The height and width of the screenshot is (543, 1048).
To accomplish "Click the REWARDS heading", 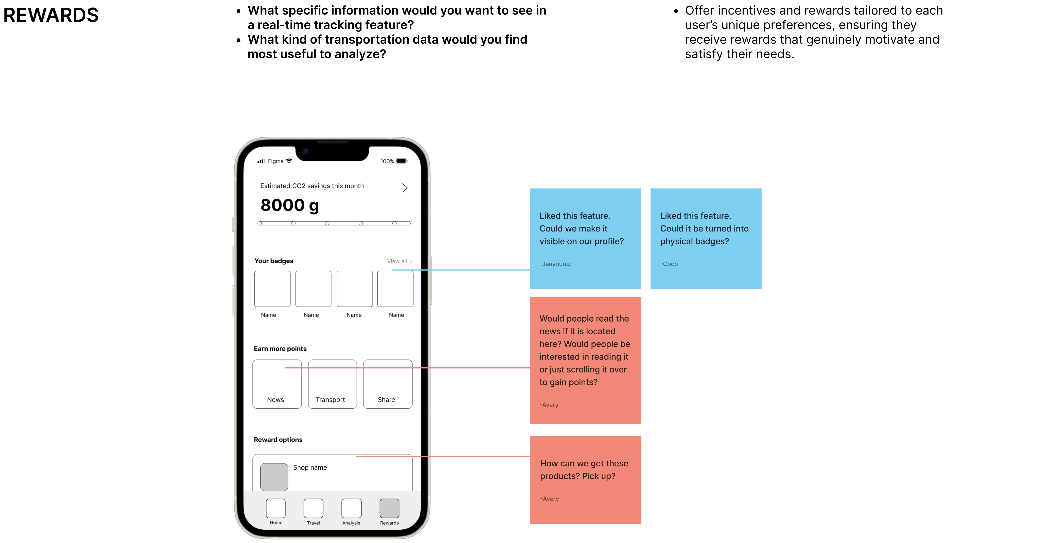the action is pyautogui.click(x=51, y=15).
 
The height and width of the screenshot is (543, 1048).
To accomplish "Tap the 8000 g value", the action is pyautogui.click(x=290, y=205).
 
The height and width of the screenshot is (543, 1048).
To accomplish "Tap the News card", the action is pyautogui.click(x=277, y=384).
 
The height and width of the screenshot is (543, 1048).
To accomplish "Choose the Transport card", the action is pyautogui.click(x=332, y=384).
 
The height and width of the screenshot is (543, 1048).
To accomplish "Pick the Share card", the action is pyautogui.click(x=388, y=384).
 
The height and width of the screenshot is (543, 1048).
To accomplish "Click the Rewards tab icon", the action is pyautogui.click(x=389, y=508).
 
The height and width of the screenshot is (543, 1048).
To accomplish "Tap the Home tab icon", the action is pyautogui.click(x=276, y=508).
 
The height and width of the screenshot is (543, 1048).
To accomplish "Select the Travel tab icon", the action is pyautogui.click(x=313, y=508).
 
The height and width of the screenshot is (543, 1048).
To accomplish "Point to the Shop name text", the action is pyautogui.click(x=310, y=467).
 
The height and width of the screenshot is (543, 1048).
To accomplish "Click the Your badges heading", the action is pyautogui.click(x=274, y=261).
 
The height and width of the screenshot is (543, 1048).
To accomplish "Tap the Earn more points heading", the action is pyautogui.click(x=280, y=349).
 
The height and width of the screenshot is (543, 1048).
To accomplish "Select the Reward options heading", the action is pyautogui.click(x=278, y=440).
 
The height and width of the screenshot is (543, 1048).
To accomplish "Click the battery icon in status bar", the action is pyautogui.click(x=402, y=161).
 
